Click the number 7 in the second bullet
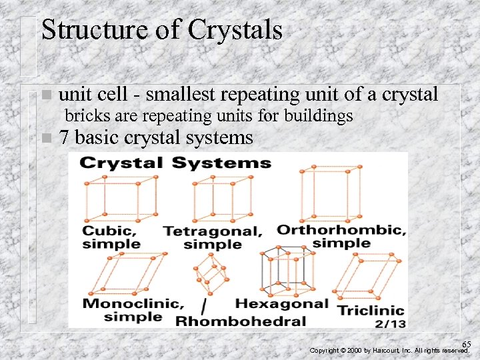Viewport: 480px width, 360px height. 64,138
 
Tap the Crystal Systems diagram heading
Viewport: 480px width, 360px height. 175,163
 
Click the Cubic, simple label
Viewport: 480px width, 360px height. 111,237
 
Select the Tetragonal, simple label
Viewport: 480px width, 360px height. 212,238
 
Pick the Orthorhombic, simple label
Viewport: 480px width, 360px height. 341,236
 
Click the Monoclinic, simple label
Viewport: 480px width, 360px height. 133,310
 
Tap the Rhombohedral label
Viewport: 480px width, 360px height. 240,321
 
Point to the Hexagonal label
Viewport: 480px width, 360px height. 281,304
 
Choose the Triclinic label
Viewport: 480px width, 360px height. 371,311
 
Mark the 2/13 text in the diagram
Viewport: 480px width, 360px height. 389,323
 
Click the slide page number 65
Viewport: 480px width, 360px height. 467,344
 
